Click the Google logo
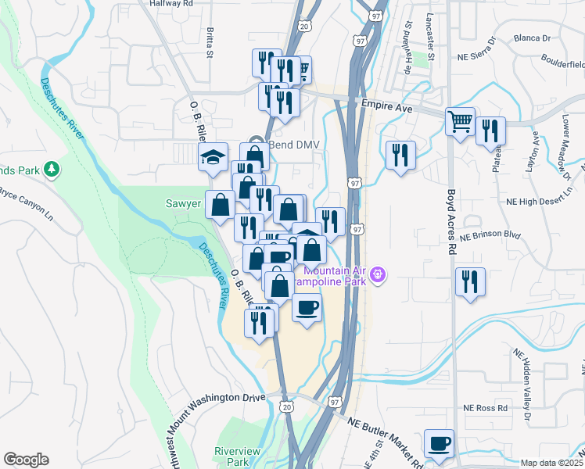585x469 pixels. (x=26, y=460)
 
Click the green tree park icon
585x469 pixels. (x=52, y=169)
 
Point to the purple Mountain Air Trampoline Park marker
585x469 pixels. (x=379, y=274)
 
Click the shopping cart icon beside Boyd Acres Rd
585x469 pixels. (x=460, y=121)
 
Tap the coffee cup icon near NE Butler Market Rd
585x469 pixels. (x=439, y=443)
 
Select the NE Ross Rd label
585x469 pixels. (x=485, y=407)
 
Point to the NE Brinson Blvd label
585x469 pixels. (x=490, y=235)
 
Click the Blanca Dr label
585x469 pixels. (x=533, y=38)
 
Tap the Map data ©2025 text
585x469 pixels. (x=551, y=463)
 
